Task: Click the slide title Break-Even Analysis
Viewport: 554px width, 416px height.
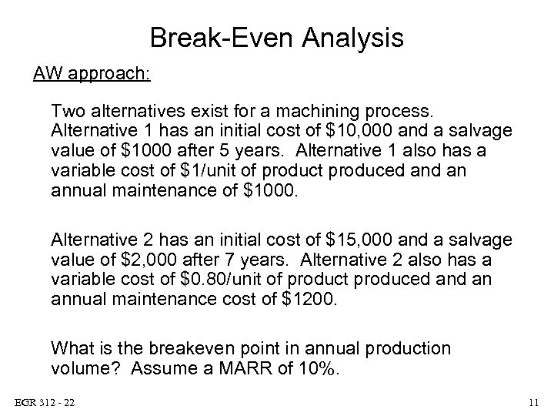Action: (x=276, y=36)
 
